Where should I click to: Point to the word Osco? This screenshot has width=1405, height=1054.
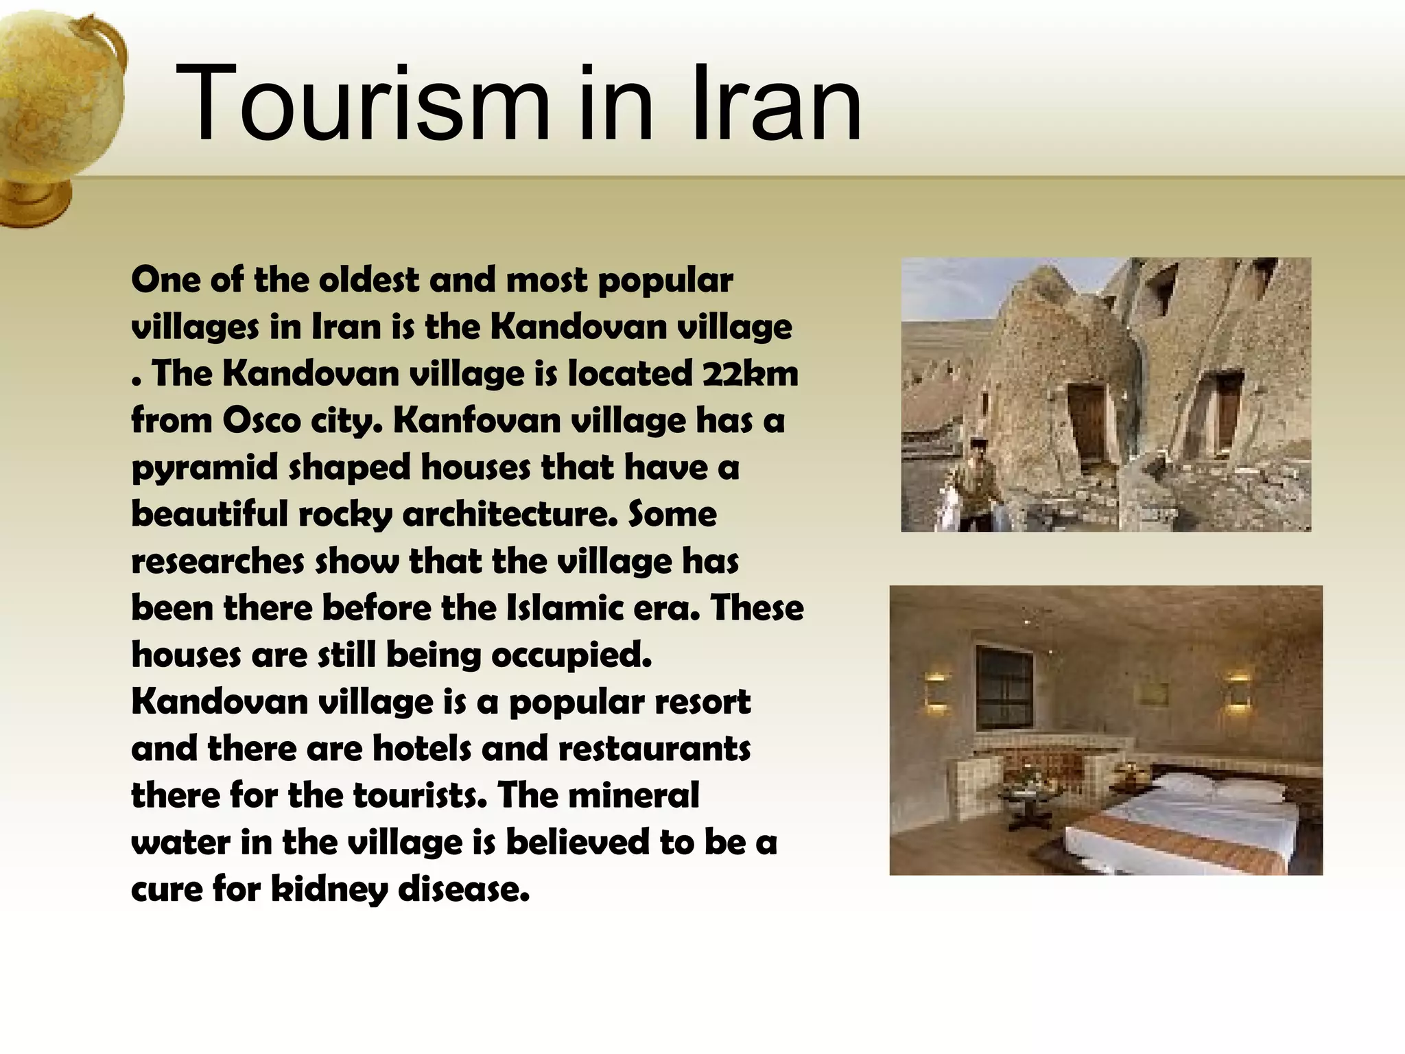pos(261,421)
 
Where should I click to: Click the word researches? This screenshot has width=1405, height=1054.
pos(217,561)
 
